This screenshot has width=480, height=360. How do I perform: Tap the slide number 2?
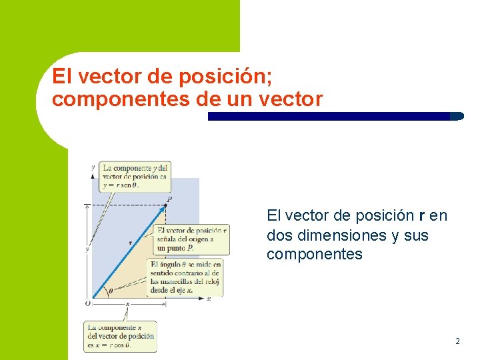[x=457, y=341]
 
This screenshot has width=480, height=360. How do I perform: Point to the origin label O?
[x=87, y=303]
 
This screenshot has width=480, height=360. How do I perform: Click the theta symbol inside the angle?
[x=110, y=291]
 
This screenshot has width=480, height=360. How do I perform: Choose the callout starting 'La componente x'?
[x=121, y=336]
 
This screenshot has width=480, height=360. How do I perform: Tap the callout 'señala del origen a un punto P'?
[x=192, y=239]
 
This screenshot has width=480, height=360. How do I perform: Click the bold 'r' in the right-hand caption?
[x=421, y=216]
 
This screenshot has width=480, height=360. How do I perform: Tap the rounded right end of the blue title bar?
[x=457, y=116]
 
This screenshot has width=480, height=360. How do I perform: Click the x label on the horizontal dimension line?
[x=127, y=304]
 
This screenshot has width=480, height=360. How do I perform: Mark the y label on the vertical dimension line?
[x=87, y=248]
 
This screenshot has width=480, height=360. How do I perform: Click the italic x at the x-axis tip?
[x=209, y=299]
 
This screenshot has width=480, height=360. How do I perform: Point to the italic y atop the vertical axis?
[x=93, y=167]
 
